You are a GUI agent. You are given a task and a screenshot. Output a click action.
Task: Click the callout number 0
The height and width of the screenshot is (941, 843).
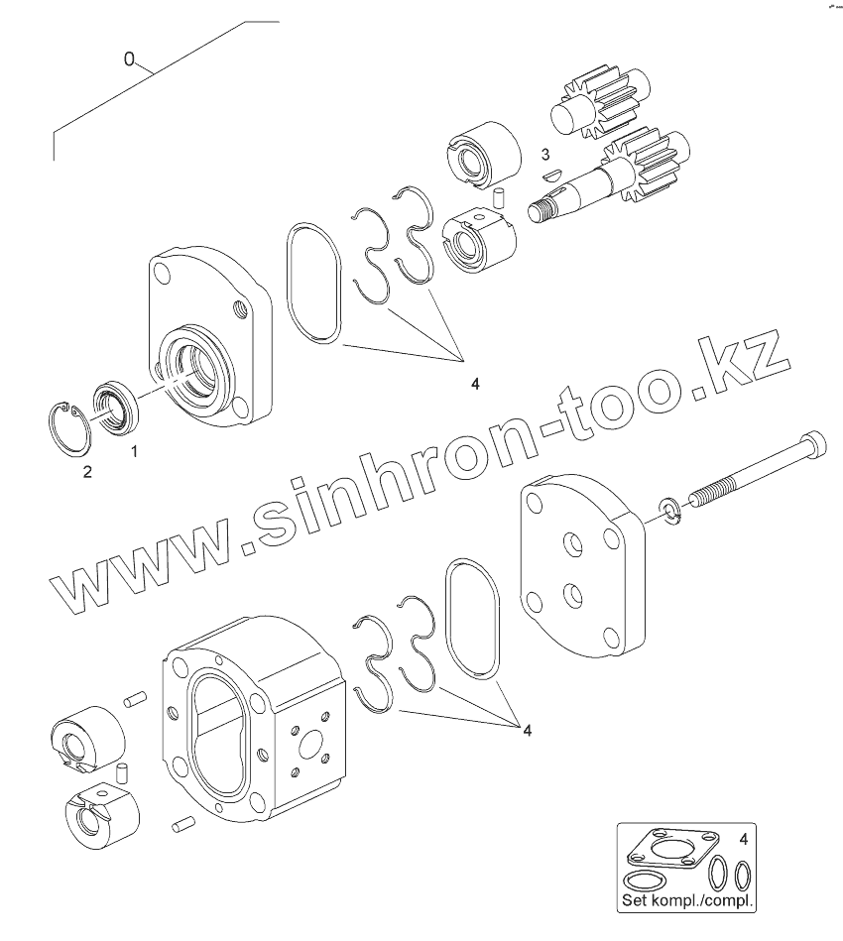[129, 60]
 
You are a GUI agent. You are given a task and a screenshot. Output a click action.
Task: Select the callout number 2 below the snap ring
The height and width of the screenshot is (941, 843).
[87, 472]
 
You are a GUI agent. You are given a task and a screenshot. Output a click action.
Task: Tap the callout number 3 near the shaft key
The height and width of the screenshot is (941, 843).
[544, 154]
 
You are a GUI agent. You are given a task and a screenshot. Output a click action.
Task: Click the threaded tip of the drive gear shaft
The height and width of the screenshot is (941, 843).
[542, 211]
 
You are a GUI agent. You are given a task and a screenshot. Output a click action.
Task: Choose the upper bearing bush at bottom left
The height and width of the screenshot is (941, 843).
[88, 739]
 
